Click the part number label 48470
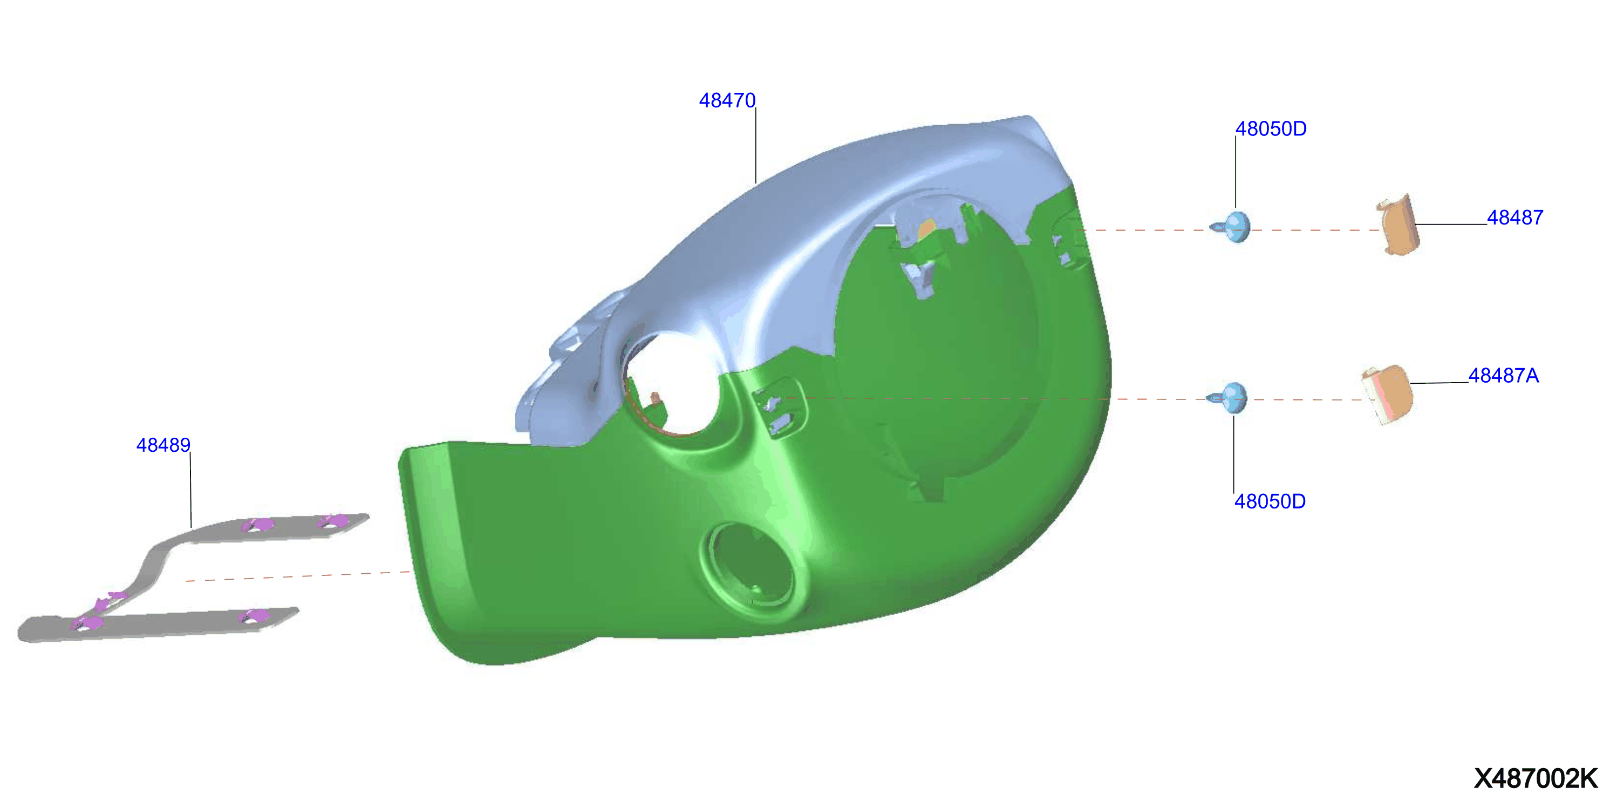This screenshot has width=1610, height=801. (727, 101)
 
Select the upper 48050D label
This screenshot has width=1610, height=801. (1271, 129)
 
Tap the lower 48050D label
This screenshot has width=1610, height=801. (1270, 501)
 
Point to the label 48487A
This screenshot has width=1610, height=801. (1503, 376)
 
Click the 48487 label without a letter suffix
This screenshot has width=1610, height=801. (1515, 218)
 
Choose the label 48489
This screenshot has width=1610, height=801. (163, 445)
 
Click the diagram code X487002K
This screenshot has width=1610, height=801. (1536, 778)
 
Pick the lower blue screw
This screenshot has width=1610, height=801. (1228, 398)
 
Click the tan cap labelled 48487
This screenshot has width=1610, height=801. (1398, 225)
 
